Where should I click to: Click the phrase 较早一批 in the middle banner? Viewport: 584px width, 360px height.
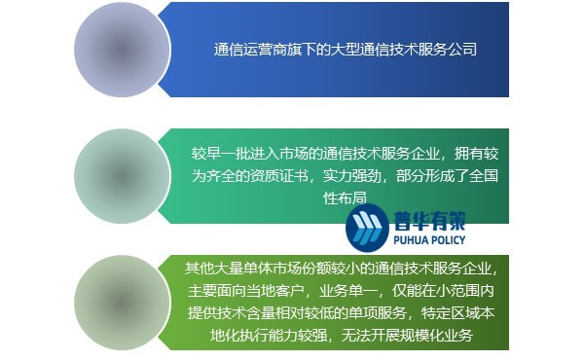(221, 154)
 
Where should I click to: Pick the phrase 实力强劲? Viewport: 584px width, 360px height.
(352, 176)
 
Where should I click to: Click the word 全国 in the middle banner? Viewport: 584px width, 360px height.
(484, 176)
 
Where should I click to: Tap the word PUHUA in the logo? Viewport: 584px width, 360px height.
(413, 238)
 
